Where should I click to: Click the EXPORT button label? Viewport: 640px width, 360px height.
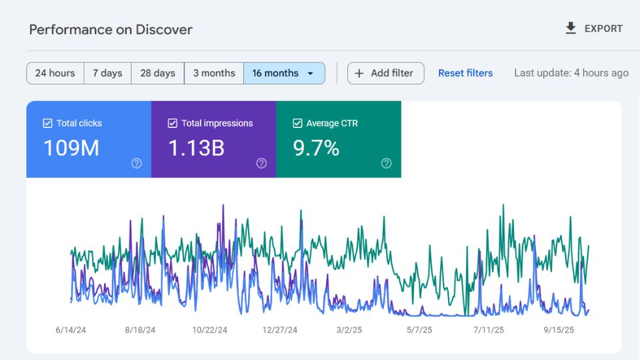click(x=603, y=29)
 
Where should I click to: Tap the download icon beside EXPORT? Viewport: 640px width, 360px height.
click(x=571, y=28)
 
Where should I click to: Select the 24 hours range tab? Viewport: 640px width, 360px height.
click(x=55, y=73)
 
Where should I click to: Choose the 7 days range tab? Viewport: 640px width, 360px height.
click(x=107, y=73)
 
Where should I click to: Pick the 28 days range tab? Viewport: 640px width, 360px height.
click(x=157, y=73)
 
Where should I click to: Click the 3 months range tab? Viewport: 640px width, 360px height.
click(x=214, y=73)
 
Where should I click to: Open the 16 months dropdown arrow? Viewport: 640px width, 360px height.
click(x=310, y=74)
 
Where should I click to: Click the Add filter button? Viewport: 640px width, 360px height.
click(x=385, y=73)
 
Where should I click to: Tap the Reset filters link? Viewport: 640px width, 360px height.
click(x=465, y=73)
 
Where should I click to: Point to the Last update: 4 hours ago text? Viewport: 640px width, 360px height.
click(x=571, y=73)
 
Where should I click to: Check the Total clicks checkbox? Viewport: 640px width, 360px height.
click(x=47, y=123)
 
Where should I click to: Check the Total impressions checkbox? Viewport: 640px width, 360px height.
click(x=173, y=123)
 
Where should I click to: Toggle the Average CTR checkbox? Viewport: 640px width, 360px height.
click(x=297, y=123)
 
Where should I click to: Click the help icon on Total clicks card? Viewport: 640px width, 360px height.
click(x=137, y=163)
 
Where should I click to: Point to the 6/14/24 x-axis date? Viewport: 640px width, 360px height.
click(x=71, y=330)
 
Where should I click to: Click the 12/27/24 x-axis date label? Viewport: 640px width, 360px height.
click(x=280, y=330)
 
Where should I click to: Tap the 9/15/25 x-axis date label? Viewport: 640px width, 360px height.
click(x=558, y=330)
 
